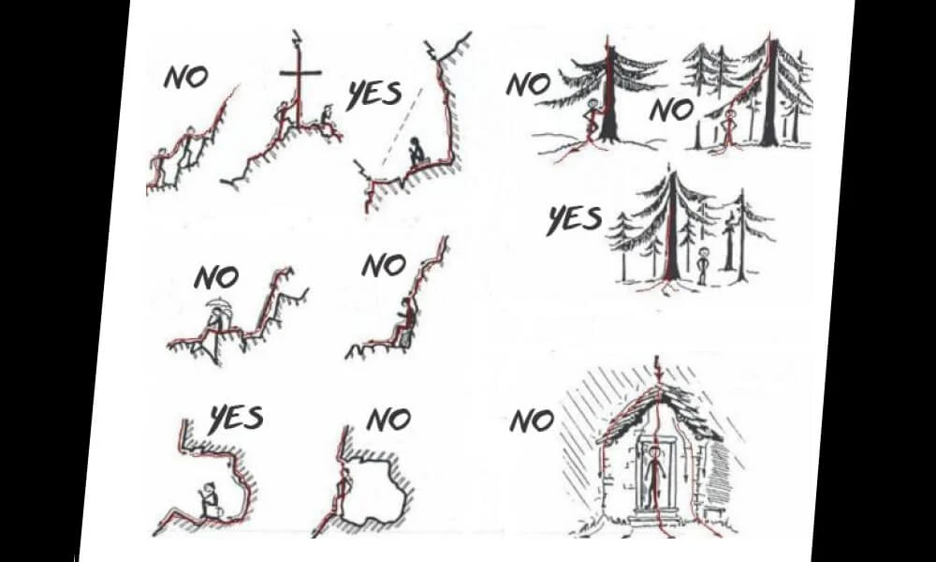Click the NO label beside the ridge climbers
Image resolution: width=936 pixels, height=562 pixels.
[x=185, y=77]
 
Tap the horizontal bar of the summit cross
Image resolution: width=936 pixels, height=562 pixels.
[x=300, y=73]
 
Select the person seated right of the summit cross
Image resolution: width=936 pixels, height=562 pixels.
[x=326, y=119]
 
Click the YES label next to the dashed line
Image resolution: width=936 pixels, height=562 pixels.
[x=374, y=96]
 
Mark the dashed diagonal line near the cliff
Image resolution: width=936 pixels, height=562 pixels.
[x=402, y=127]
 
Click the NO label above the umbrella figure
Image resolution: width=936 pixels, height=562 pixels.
[x=216, y=277]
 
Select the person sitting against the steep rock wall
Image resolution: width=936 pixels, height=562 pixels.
[x=403, y=322]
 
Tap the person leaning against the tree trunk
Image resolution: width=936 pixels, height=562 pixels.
[x=593, y=119]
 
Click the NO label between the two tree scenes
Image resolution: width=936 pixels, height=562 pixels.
[x=672, y=111]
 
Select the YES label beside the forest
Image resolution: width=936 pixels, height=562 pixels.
[x=575, y=219]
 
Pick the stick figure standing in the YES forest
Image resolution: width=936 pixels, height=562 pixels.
[x=703, y=265]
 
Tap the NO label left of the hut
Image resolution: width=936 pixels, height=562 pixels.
[x=532, y=421]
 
